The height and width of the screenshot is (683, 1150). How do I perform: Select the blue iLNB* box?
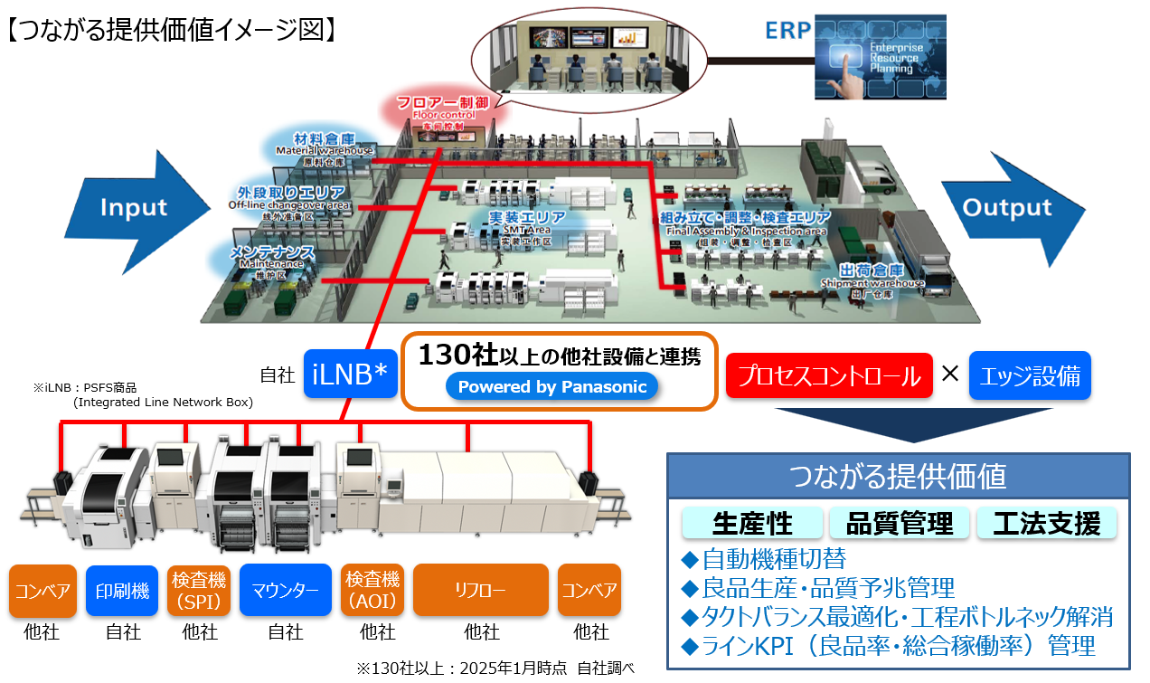point(350,375)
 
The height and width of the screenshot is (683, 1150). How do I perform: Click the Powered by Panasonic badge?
point(551,387)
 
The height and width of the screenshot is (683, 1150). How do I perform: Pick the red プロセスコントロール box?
point(828,375)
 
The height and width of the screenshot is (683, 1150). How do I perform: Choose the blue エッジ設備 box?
point(1029,375)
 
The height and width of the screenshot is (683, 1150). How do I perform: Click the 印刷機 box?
point(122,591)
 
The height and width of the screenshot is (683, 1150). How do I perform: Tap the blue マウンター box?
point(286,591)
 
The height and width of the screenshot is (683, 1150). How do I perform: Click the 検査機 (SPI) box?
point(200,591)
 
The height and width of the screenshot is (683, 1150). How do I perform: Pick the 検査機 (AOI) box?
point(372,591)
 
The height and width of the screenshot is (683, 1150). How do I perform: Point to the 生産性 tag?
point(752,523)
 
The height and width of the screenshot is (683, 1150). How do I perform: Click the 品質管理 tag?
point(899,523)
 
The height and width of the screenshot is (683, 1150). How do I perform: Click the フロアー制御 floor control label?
point(437,108)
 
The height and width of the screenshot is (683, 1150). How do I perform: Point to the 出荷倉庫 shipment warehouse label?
point(872,275)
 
